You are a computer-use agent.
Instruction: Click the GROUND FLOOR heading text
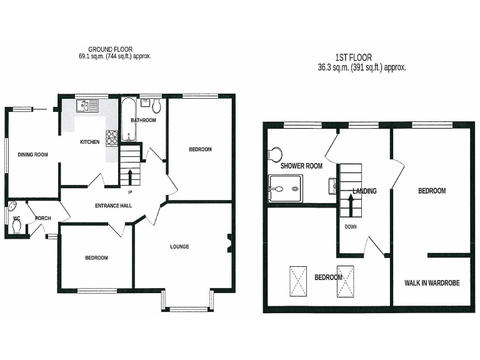(110, 49)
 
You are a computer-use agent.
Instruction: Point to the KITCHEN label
(89, 142)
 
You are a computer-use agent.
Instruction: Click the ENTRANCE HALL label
(113, 206)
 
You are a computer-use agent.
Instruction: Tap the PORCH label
(43, 218)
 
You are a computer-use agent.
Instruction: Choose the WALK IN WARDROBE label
(432, 282)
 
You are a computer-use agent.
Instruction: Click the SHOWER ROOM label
(301, 166)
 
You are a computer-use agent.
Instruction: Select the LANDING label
(364, 191)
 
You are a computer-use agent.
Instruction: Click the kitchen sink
(86, 106)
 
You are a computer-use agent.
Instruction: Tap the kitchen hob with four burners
(112, 137)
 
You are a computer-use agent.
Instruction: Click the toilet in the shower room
(274, 153)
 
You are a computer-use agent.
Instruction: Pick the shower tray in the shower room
(285, 188)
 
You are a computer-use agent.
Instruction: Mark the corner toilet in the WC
(14, 210)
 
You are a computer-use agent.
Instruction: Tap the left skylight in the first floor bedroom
(299, 279)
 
